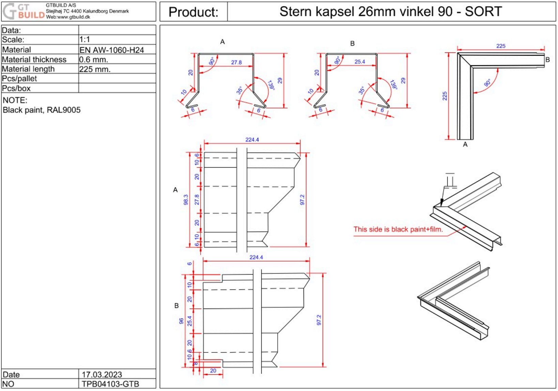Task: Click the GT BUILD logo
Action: click(x=23, y=11)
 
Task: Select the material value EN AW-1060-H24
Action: click(x=112, y=50)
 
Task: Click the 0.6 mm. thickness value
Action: click(x=94, y=60)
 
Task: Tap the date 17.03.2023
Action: click(x=102, y=375)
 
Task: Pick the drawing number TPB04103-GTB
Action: click(x=110, y=384)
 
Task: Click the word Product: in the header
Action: click(x=193, y=12)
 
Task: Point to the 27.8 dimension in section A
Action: click(x=236, y=62)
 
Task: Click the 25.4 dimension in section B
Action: click(x=359, y=62)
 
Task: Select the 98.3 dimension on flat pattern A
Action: click(x=186, y=200)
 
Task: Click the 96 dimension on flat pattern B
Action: click(x=181, y=321)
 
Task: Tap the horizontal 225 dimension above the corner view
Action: click(x=500, y=46)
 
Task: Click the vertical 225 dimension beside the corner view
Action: click(x=445, y=96)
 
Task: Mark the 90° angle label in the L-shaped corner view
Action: click(x=487, y=82)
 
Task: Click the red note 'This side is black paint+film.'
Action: click(x=398, y=229)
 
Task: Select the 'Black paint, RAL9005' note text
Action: click(x=42, y=110)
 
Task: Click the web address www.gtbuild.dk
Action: click(x=68, y=17)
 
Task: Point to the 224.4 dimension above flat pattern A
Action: click(x=252, y=140)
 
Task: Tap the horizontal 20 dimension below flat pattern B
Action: click(x=213, y=371)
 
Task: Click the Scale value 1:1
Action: click(x=84, y=40)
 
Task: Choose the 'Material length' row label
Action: click(x=28, y=69)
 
